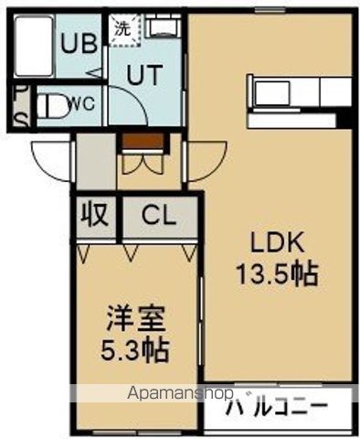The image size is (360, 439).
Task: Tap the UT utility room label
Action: [x=143, y=77]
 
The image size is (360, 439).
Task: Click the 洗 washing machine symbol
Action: [x=121, y=27]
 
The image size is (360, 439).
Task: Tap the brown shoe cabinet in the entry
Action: [x=144, y=142]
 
